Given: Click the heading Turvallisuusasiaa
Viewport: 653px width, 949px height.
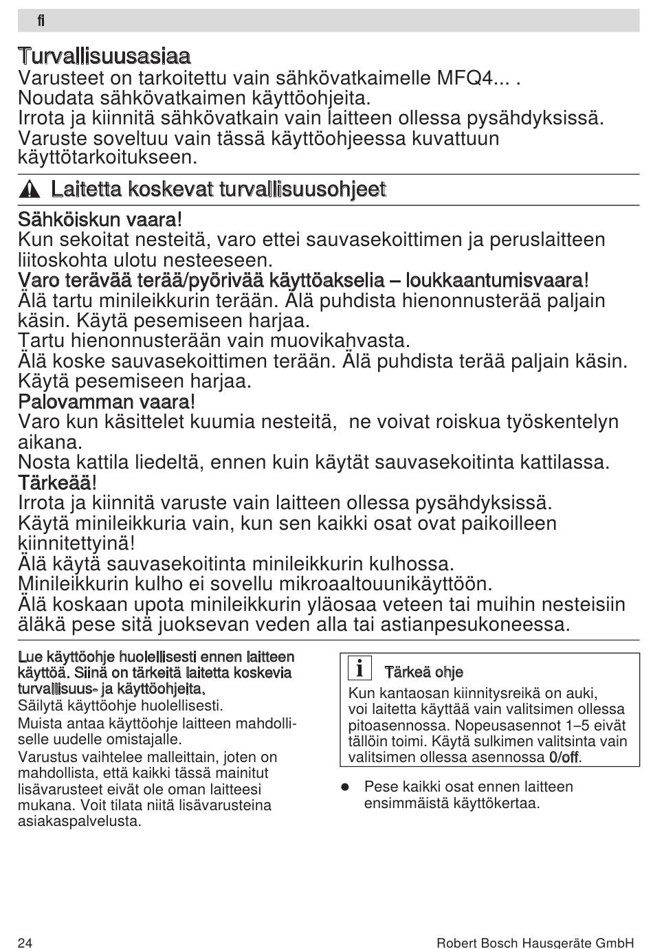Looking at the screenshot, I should coord(104,55).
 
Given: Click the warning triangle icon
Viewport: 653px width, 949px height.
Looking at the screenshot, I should coord(29,190).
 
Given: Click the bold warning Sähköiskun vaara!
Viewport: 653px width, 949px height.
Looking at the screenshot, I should coord(100,220).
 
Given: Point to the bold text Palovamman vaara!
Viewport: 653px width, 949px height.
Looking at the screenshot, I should coord(107,401).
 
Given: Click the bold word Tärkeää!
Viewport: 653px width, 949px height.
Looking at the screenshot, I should coord(57,482).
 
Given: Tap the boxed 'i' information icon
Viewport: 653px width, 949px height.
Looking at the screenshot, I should coord(359,669).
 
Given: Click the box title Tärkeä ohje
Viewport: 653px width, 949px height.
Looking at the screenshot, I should coord(423,672).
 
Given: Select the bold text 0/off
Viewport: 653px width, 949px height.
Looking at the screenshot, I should coord(564,757).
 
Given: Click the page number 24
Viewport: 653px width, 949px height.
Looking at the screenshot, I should coord(25,942).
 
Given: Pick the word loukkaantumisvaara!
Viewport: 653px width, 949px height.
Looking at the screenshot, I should coord(497,280).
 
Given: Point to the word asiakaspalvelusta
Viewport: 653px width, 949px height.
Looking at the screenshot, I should coord(79,821).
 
